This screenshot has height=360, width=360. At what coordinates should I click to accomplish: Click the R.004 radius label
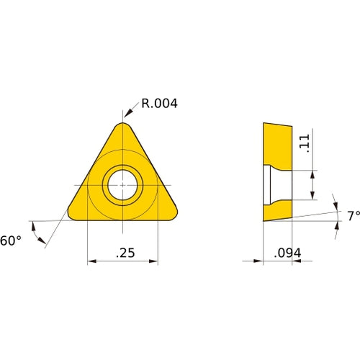click(x=158, y=104)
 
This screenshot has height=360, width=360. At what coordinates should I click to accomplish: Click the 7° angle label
click(x=352, y=215)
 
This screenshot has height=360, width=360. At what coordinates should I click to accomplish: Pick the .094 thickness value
click(x=287, y=253)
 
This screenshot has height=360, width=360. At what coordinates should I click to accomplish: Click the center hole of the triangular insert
click(x=122, y=185)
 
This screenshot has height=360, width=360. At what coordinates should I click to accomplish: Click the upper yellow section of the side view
click(x=277, y=144)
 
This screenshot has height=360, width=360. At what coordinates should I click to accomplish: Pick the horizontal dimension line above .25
click(x=122, y=262)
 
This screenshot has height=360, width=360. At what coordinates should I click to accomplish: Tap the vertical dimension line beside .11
click(x=312, y=185)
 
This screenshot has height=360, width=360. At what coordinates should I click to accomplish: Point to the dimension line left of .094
click(x=252, y=262)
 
